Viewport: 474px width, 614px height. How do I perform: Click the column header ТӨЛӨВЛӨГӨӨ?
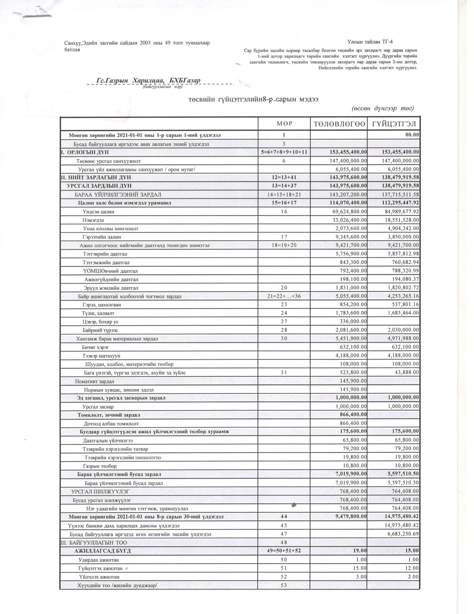pos(339,124)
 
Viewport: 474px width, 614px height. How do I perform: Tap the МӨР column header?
pos(284,124)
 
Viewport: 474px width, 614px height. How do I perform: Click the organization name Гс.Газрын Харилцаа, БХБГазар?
pos(148,81)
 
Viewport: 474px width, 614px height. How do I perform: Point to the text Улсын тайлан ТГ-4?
pos(370,42)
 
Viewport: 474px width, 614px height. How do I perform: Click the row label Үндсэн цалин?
pos(98,212)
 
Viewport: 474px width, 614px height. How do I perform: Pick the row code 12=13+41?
pos(284,178)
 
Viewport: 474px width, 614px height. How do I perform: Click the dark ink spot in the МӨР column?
pos(294,505)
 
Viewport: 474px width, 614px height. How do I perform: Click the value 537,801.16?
pos(406,304)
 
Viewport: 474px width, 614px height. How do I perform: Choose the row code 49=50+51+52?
pos(284,551)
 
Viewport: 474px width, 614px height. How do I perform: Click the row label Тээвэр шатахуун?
pos(101,356)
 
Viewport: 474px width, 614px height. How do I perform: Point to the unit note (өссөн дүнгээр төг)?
pos(383,109)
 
